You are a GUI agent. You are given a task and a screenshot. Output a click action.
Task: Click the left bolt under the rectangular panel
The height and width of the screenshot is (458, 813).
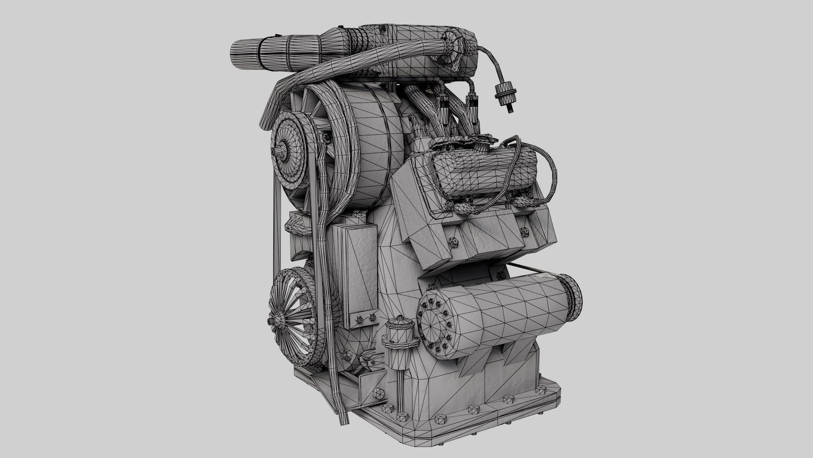click(x=358, y=318)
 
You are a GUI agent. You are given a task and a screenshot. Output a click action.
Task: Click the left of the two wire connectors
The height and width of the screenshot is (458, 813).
click(x=442, y=104)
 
